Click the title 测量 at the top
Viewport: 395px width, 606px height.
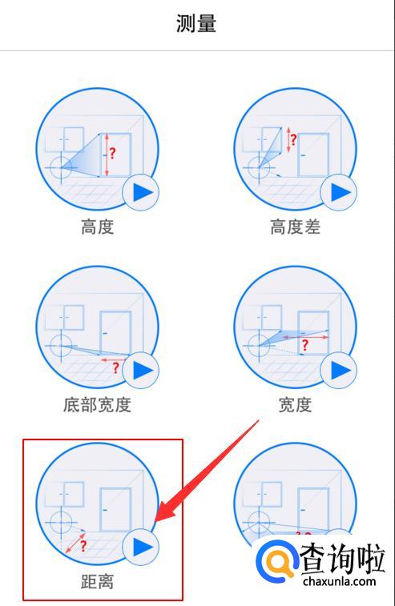coord(196,23)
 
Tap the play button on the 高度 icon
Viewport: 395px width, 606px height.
coord(141,192)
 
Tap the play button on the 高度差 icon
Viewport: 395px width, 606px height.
coord(339,192)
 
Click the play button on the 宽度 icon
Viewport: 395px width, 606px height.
coord(339,371)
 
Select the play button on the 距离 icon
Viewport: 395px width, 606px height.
coord(141,548)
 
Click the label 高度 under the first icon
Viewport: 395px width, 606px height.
coord(98,227)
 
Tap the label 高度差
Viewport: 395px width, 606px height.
coord(295,227)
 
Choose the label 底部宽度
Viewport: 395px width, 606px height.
coord(98,404)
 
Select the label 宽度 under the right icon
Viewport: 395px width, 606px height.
coord(295,404)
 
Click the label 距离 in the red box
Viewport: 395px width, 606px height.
coord(98,582)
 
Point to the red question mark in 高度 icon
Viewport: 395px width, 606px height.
coord(112,154)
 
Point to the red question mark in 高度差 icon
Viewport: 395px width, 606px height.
coord(293,139)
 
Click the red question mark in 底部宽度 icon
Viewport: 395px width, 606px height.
coord(115,367)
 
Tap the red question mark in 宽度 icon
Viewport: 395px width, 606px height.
coord(305,345)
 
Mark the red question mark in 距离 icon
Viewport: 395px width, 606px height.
coord(83,546)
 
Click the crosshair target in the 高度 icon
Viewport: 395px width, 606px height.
coord(61,168)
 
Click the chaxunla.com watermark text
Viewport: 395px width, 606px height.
coord(339,581)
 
